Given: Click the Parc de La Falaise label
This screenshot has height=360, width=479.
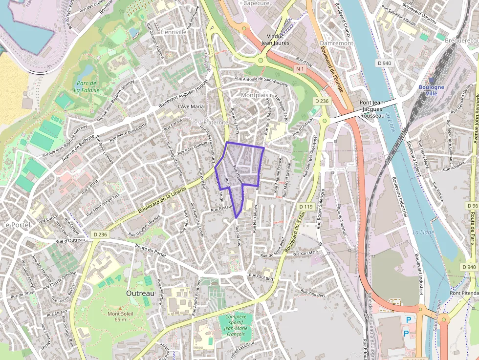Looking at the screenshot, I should coord(87,86).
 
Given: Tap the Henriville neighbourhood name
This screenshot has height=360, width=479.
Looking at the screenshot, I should coord(174,32).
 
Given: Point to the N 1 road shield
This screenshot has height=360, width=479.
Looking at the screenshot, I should coord(300,70).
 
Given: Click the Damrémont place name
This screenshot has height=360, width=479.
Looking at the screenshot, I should coord(336,43).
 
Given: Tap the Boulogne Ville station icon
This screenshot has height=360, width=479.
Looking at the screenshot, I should coord(432,80).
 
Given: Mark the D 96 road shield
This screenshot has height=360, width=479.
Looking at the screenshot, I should coord(472,206).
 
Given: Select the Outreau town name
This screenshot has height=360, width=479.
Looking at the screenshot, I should coord(140,293).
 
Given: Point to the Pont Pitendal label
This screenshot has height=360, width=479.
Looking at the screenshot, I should coord(464,293).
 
